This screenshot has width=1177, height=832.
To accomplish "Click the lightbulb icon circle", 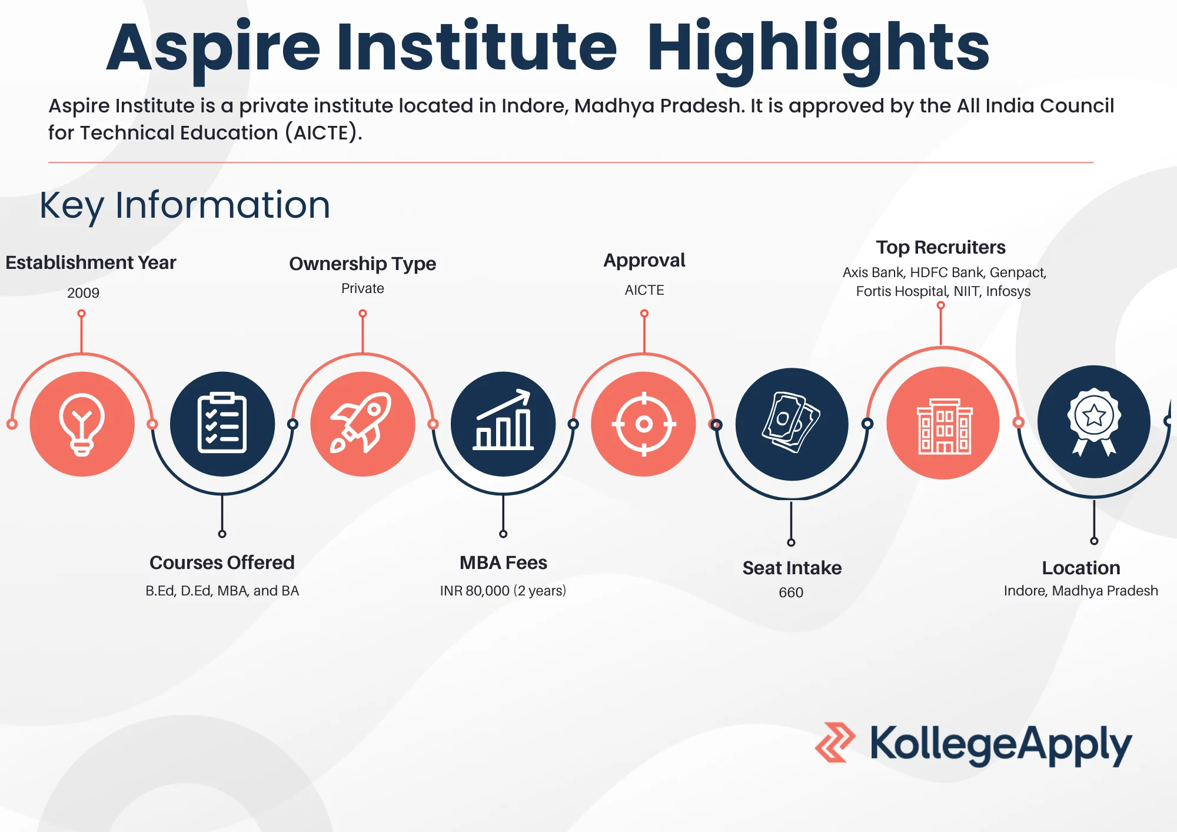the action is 82,424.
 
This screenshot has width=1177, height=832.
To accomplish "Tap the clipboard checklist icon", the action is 222,424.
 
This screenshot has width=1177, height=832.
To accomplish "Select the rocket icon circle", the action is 363,424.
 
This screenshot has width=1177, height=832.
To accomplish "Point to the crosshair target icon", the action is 644,424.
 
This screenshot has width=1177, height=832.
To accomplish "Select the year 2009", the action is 83,293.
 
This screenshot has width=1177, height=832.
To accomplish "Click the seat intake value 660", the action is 791,593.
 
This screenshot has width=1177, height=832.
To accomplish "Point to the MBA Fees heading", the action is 503,563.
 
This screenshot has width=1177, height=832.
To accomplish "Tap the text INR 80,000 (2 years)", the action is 503,591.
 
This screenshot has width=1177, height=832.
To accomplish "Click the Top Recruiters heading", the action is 940,248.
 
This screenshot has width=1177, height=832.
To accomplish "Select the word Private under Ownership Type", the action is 363,288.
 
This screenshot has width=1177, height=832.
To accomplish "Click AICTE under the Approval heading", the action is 644,290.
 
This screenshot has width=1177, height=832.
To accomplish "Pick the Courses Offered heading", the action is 222,563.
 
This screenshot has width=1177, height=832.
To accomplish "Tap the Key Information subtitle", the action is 185,206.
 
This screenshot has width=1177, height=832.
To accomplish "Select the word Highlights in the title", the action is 818,49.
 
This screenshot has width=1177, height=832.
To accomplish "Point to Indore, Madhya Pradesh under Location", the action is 1080,591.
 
